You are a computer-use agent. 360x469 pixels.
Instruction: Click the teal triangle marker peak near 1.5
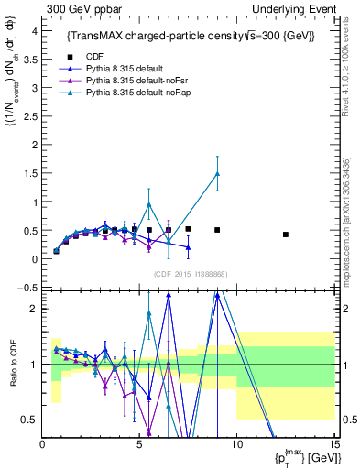(x=217, y=173)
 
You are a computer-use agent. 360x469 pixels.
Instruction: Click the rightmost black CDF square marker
(x=286, y=234)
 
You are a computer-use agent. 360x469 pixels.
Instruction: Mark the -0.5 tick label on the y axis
(x=28, y=288)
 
